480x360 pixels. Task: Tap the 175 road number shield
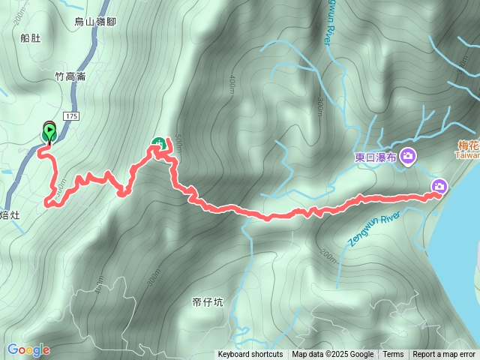pyautogui.click(x=71, y=116)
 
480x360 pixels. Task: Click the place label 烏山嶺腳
pyautogui.click(x=94, y=22)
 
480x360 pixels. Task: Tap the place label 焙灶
pyautogui.click(x=8, y=215)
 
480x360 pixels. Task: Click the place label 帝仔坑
pyautogui.click(x=208, y=302)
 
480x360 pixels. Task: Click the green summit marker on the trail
pyautogui.click(x=159, y=143)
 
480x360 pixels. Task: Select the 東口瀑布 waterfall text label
pyautogui.click(x=376, y=157)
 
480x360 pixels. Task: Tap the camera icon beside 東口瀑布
pyautogui.click(x=409, y=156)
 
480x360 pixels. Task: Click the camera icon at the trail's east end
pyautogui.click(x=439, y=186)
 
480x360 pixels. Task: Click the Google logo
pyautogui.click(x=28, y=349)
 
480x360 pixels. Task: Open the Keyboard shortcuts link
pyautogui.click(x=250, y=355)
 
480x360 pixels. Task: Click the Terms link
pyautogui.click(x=393, y=355)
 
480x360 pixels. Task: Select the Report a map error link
pyautogui.click(x=444, y=355)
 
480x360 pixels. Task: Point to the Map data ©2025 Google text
pyautogui.click(x=332, y=355)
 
